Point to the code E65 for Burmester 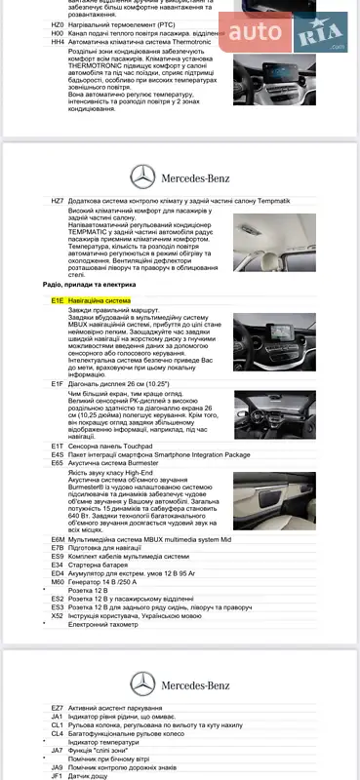(x=57, y=462)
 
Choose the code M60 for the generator (x=57, y=582)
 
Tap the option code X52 (x=57, y=615)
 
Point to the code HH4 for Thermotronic (x=57, y=42)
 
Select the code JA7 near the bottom (x=57, y=749)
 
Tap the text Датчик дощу (x=89, y=775)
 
